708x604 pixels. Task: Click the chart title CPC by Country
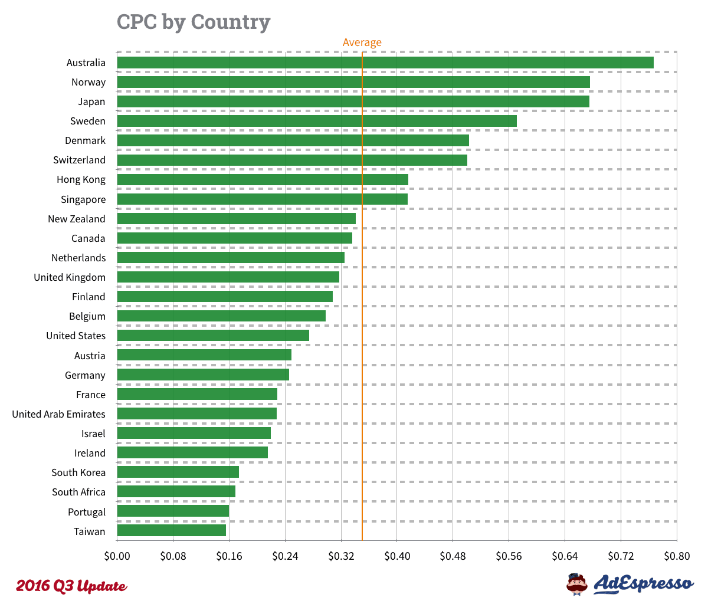pos(194,22)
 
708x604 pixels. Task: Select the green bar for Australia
pos(385,63)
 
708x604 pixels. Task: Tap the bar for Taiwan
pos(171,531)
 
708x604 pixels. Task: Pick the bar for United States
pos(213,336)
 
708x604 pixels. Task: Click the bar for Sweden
pos(317,121)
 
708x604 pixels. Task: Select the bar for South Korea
pos(178,472)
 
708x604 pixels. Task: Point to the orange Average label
pos(362,42)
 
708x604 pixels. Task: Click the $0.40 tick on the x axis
pos(396,556)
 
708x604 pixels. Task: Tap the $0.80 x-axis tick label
pos(676,556)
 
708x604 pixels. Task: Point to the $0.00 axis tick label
pos(117,556)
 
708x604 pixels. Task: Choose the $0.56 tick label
pos(509,556)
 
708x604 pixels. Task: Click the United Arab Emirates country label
pos(58,414)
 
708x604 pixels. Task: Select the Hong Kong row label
pos(81,180)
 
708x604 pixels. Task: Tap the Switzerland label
pos(79,160)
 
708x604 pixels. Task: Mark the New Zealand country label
pos(77,219)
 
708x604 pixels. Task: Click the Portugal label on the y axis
pos(87,512)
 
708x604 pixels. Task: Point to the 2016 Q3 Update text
pos(71,586)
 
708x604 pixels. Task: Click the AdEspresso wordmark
pos(643,583)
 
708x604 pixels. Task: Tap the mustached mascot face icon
pos(577,583)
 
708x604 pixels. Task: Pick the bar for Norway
pos(353,82)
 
